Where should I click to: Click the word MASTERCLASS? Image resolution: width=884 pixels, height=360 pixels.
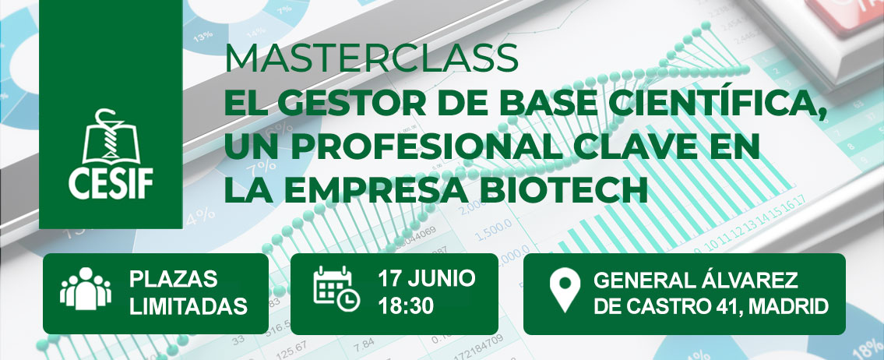point(372,58)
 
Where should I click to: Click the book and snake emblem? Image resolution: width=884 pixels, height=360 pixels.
point(111,136)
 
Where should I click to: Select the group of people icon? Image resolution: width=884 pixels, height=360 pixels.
point(86,288)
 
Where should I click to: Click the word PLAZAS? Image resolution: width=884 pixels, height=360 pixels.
point(173,279)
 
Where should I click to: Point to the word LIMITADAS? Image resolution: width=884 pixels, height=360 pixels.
point(188,306)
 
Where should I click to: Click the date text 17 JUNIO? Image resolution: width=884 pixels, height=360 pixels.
point(427,278)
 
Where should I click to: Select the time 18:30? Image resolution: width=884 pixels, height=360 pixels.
point(406,305)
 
